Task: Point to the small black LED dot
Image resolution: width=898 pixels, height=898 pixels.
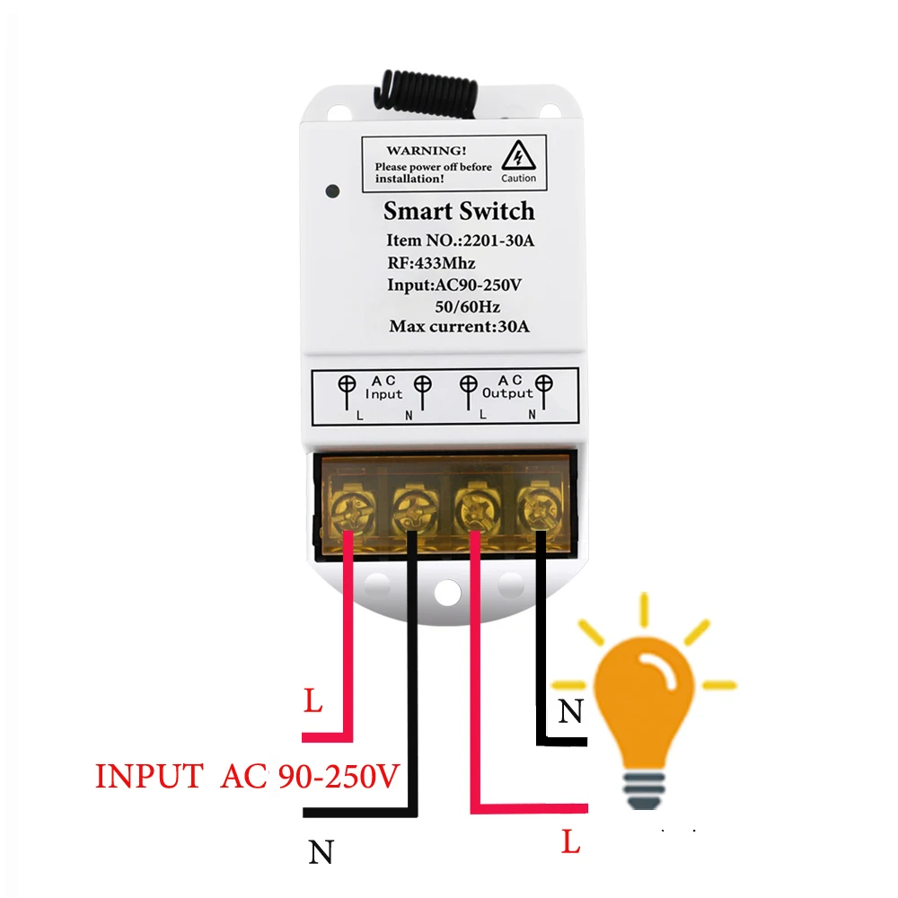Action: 332,191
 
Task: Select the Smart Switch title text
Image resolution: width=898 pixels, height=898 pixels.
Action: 458,212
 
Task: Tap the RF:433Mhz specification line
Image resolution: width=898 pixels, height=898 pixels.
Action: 431,263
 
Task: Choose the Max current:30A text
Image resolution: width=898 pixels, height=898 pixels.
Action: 459,326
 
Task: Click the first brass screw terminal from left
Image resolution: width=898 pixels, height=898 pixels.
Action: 348,514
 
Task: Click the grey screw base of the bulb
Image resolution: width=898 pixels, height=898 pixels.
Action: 648,790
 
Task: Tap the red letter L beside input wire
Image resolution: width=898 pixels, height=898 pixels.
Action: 313,701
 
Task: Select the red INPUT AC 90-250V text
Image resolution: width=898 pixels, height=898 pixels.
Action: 246,776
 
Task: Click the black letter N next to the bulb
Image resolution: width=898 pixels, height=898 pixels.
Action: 569,712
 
